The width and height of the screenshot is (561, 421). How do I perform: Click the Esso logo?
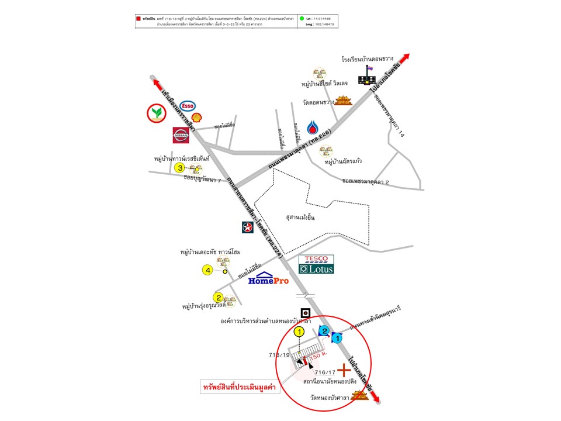[x=188, y=106]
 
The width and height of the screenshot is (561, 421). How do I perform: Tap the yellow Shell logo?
[x=198, y=118]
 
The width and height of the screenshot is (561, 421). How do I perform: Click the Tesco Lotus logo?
[x=316, y=264]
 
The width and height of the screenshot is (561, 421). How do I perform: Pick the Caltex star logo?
[x=248, y=227]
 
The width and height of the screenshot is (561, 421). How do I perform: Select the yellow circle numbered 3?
[x=180, y=168]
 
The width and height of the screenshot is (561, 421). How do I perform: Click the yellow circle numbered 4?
[x=207, y=270]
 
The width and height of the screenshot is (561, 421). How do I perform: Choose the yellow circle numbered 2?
[x=218, y=296]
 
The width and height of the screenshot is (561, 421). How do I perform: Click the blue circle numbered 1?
[x=337, y=337]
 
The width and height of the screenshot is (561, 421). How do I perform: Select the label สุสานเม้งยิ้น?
[x=300, y=217]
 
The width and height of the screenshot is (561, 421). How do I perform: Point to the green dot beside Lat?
[x=302, y=19]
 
